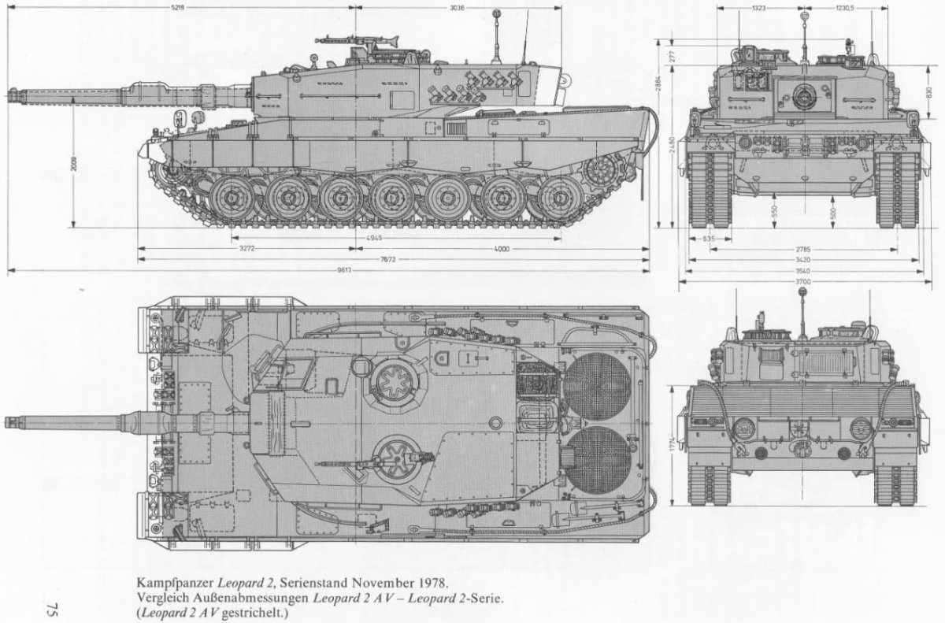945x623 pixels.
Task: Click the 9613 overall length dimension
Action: (343, 270)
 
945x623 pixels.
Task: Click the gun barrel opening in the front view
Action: (803, 96)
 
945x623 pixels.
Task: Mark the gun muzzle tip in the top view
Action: (8, 420)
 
